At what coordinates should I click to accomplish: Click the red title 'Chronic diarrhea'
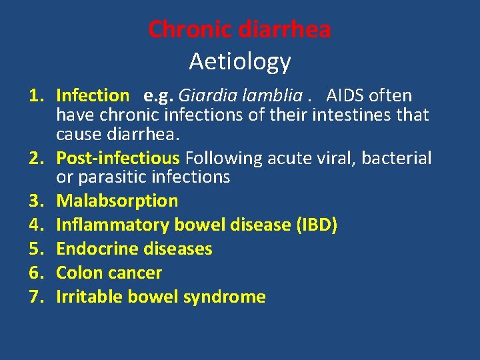pyautogui.click(x=239, y=29)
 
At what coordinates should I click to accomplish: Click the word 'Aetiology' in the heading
pyautogui.click(x=240, y=61)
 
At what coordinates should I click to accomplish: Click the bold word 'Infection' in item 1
pyautogui.click(x=93, y=96)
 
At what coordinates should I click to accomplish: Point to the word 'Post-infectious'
pyautogui.click(x=118, y=159)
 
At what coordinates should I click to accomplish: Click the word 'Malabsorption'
pyautogui.click(x=117, y=201)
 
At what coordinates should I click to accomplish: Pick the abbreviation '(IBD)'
pyautogui.click(x=315, y=225)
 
